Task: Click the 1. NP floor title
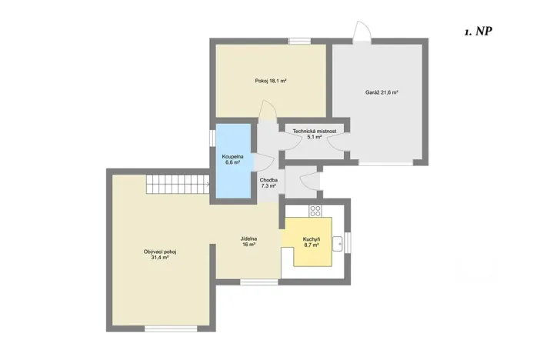click(478, 32)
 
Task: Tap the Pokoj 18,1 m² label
click(271, 81)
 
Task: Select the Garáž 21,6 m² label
click(381, 92)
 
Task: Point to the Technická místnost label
click(314, 134)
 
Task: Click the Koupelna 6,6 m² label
click(234, 159)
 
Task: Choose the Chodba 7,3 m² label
click(268, 183)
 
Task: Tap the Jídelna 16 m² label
click(248, 242)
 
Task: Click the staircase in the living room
click(178, 185)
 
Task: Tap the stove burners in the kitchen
click(315, 210)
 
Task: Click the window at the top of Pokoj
click(299, 41)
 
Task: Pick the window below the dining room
click(258, 282)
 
